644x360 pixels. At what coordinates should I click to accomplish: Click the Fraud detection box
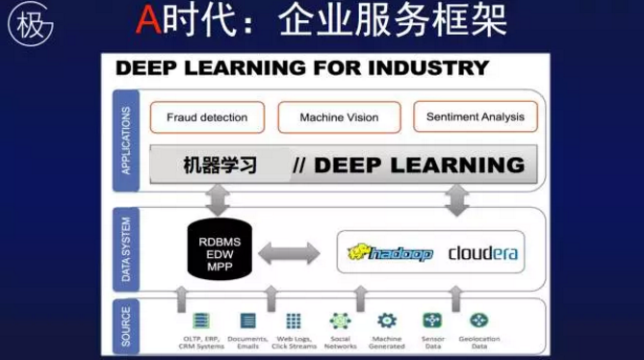click(206, 118)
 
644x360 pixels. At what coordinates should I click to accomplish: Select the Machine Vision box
click(338, 118)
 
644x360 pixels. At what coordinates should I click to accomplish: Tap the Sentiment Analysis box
click(475, 117)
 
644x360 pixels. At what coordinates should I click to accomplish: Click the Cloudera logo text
click(483, 253)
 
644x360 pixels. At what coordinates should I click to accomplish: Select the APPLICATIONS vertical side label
click(125, 140)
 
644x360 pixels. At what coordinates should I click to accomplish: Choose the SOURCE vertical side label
click(125, 325)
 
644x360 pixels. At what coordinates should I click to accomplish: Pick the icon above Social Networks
click(340, 321)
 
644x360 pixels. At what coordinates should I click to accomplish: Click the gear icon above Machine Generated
click(386, 321)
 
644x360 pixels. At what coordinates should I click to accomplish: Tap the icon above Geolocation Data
click(478, 321)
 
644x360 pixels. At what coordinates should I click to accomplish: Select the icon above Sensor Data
click(432, 321)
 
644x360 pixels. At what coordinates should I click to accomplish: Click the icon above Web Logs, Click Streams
click(294, 321)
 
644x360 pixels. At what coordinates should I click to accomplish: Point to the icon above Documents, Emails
click(248, 321)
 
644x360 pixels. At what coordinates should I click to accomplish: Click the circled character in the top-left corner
click(29, 25)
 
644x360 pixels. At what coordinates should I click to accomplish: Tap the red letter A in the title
click(147, 21)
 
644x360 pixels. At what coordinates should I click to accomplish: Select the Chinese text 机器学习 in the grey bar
click(220, 165)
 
